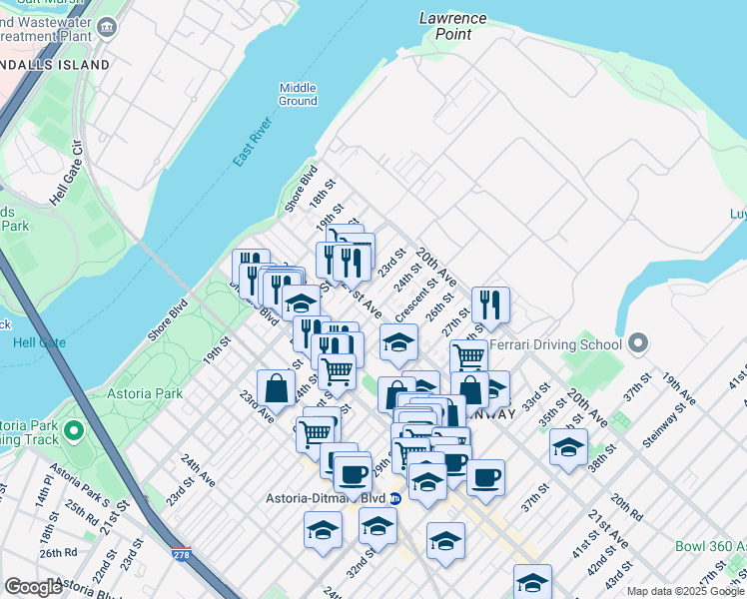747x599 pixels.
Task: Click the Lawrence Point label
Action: (452, 26)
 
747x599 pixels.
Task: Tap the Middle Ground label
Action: (298, 94)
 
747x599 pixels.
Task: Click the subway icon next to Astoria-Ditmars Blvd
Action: (395, 498)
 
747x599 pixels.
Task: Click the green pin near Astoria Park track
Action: (72, 432)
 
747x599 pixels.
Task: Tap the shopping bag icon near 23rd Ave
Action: (277, 389)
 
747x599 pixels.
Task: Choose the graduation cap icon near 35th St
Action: (568, 446)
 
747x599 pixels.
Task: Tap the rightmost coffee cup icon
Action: (485, 476)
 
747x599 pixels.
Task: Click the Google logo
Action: (34, 587)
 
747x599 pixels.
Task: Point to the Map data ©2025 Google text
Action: (685, 591)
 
